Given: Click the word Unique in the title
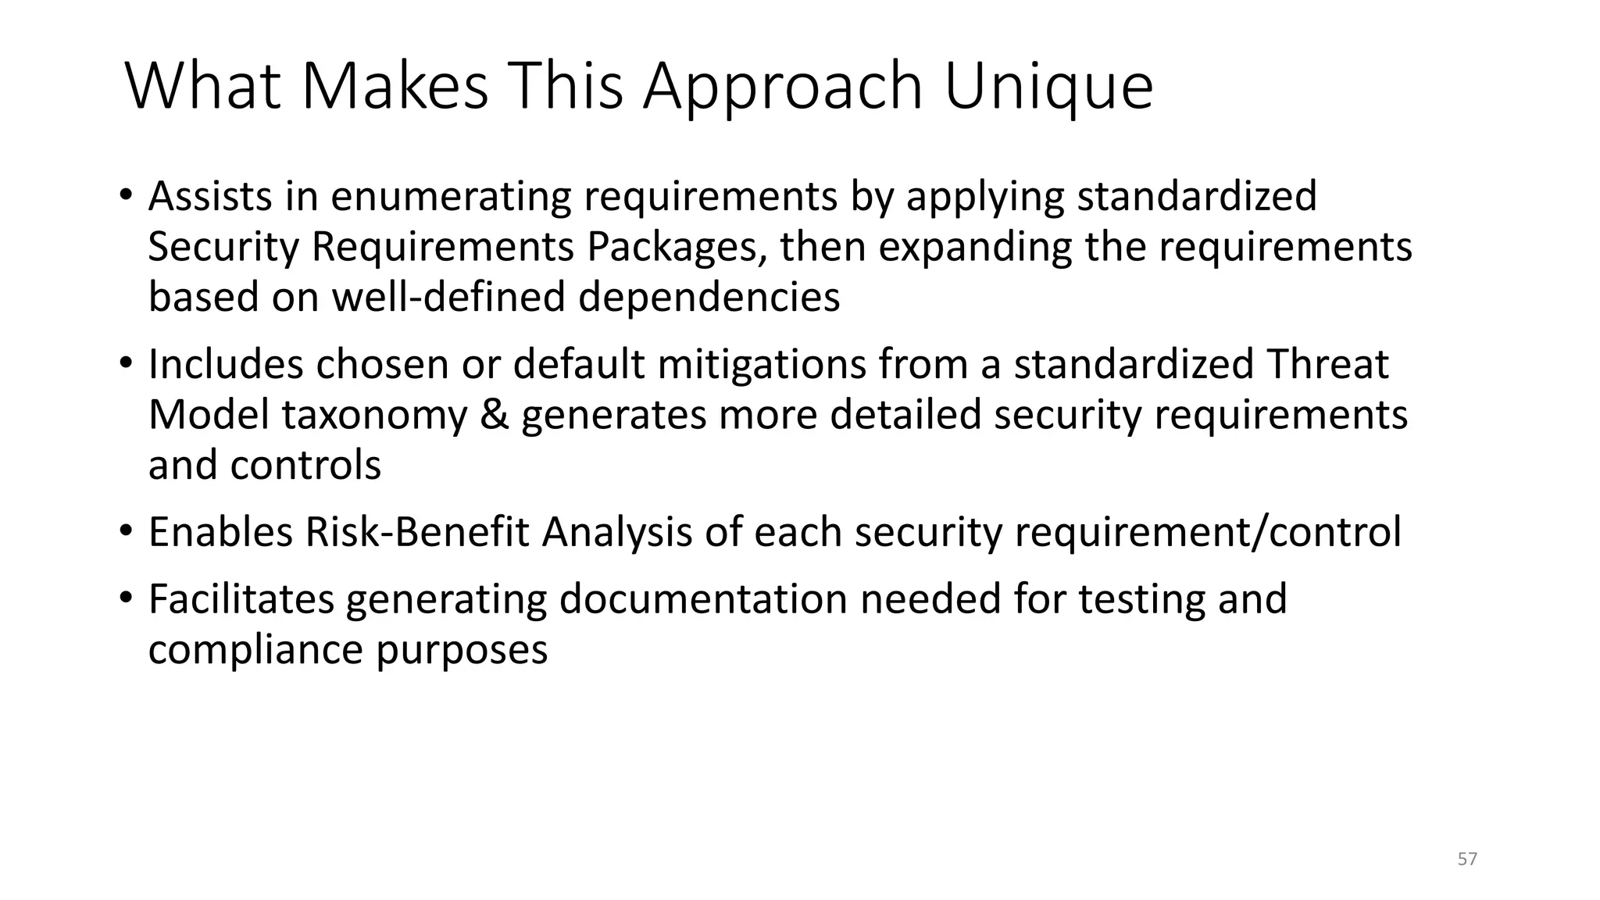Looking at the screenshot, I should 1048,86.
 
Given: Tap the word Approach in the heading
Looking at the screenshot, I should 784,87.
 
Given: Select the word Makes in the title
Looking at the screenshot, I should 395,86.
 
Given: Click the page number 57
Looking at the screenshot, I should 1467,859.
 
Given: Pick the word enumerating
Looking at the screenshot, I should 451,196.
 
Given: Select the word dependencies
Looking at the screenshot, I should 709,297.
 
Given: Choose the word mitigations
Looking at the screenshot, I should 762,364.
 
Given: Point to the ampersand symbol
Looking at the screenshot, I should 494,415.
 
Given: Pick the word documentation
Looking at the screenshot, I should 703,599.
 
